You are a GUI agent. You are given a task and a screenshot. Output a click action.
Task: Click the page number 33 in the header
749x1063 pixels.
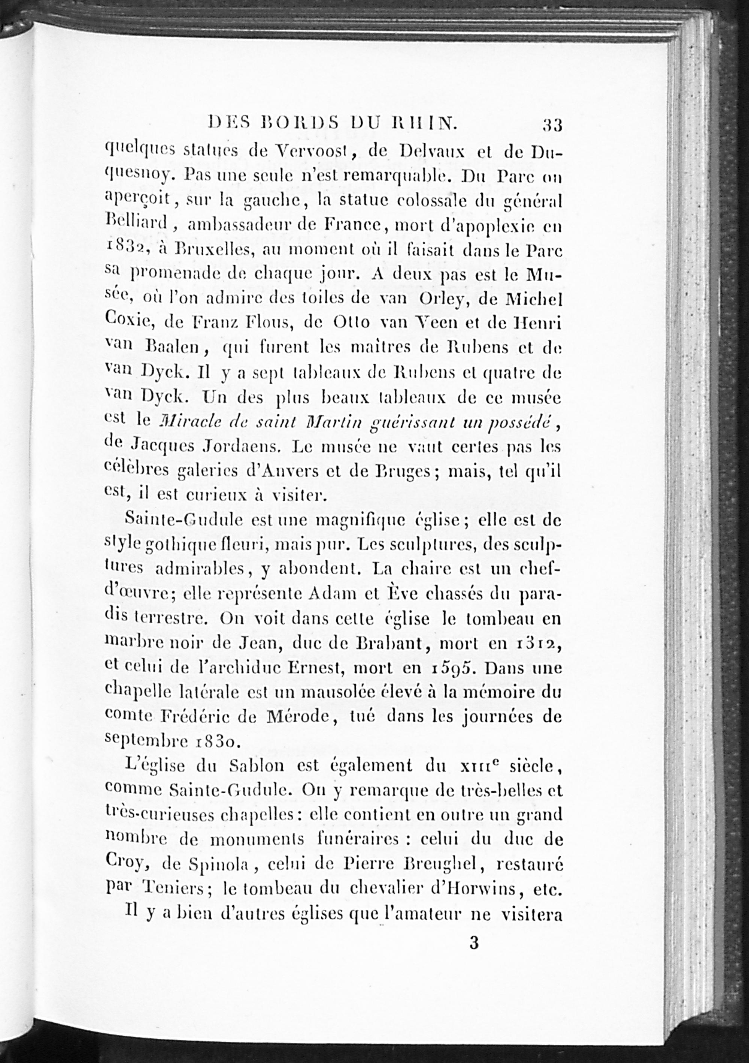pyautogui.click(x=552, y=125)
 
